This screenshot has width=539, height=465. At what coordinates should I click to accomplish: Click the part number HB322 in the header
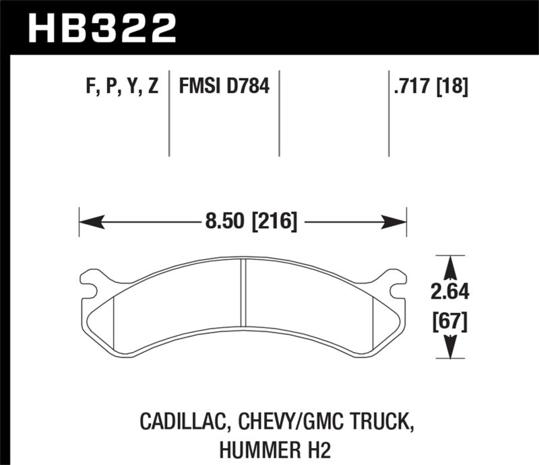[x=101, y=28]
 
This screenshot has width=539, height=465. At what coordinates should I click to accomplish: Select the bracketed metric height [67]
[x=450, y=322]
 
